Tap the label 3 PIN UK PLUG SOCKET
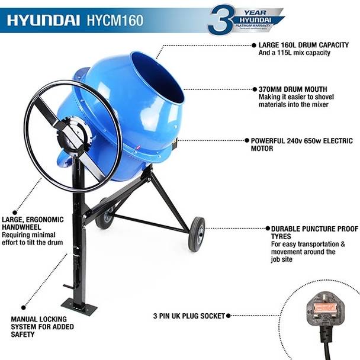[x=189, y=316]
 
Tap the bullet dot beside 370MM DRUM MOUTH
[x=253, y=89]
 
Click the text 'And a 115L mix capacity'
[x=294, y=53]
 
